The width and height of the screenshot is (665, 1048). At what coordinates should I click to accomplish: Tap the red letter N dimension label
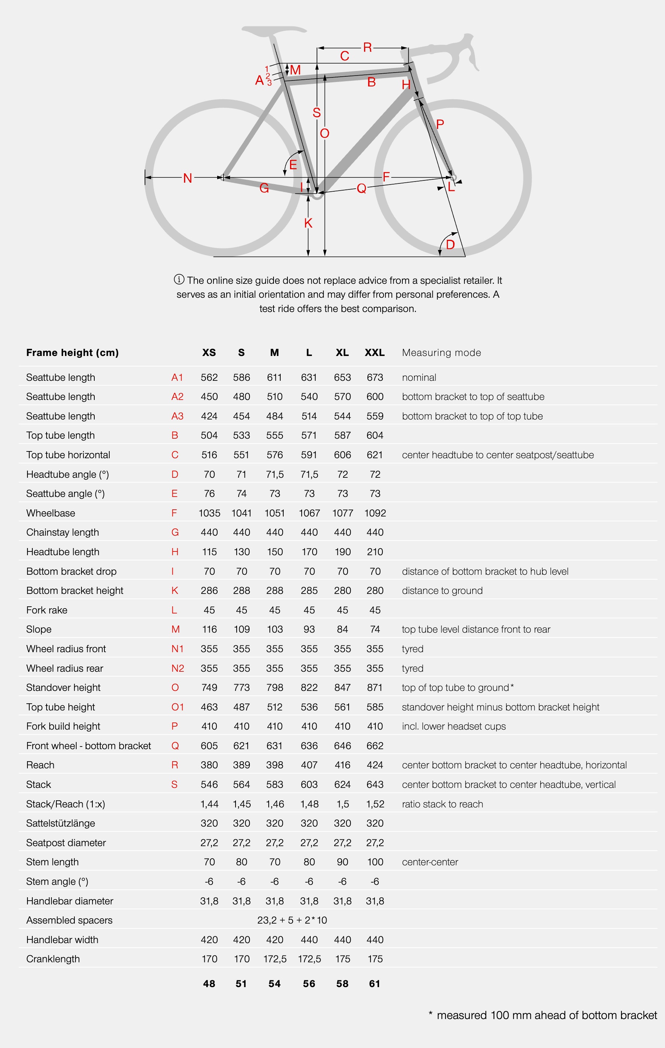(187, 178)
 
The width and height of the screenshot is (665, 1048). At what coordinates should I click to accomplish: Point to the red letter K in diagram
(308, 223)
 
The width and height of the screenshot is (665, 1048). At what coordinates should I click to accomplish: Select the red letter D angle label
(450, 244)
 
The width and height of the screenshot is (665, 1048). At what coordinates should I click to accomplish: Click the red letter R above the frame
(367, 47)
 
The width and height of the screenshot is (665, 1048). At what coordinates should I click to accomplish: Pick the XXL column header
(375, 353)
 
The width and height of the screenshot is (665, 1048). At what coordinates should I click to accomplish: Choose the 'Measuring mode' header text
(441, 353)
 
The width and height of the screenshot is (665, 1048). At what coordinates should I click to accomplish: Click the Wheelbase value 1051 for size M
(274, 513)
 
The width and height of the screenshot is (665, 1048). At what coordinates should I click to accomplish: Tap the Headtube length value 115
(209, 552)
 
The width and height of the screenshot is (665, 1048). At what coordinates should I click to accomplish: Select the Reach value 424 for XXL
(375, 765)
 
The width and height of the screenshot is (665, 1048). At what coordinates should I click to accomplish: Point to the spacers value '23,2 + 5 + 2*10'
(292, 920)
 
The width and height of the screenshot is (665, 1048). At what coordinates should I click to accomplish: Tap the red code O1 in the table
(177, 707)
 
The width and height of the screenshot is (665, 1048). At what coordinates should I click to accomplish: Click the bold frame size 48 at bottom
(209, 984)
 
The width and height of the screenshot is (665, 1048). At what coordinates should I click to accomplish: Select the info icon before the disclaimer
(179, 279)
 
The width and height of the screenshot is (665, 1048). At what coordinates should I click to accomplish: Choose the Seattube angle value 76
(209, 494)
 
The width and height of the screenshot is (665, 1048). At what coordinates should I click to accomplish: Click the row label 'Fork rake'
(47, 610)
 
